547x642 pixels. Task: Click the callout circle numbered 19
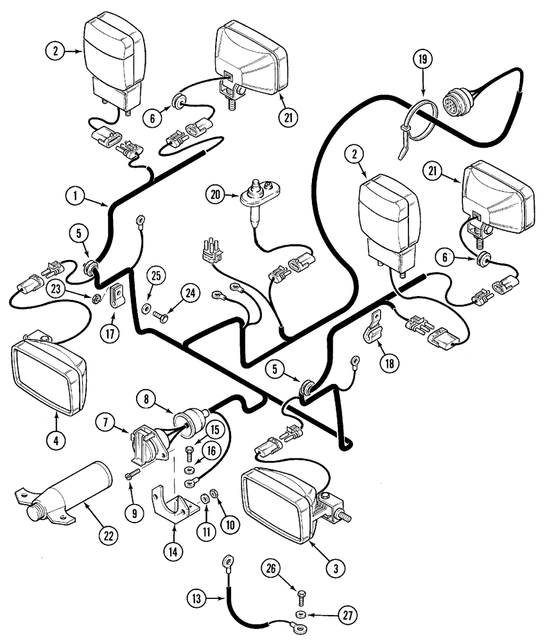tap(422, 62)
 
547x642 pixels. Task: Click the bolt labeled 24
tap(161, 315)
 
